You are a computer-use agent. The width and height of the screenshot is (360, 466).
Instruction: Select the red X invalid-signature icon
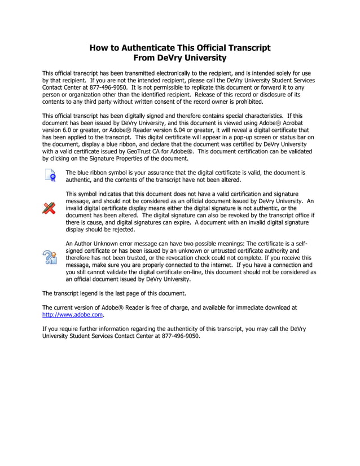click(50, 207)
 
